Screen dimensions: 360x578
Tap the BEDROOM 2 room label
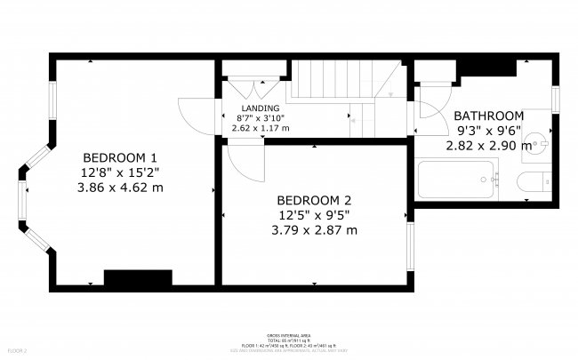coord(314,199)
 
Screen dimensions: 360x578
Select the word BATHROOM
coord(488,116)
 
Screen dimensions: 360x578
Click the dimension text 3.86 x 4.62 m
coord(123,188)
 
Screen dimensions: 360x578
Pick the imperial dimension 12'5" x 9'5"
coord(314,214)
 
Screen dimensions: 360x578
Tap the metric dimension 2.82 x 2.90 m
coord(488,144)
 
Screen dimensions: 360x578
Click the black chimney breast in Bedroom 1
coord(138,278)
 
